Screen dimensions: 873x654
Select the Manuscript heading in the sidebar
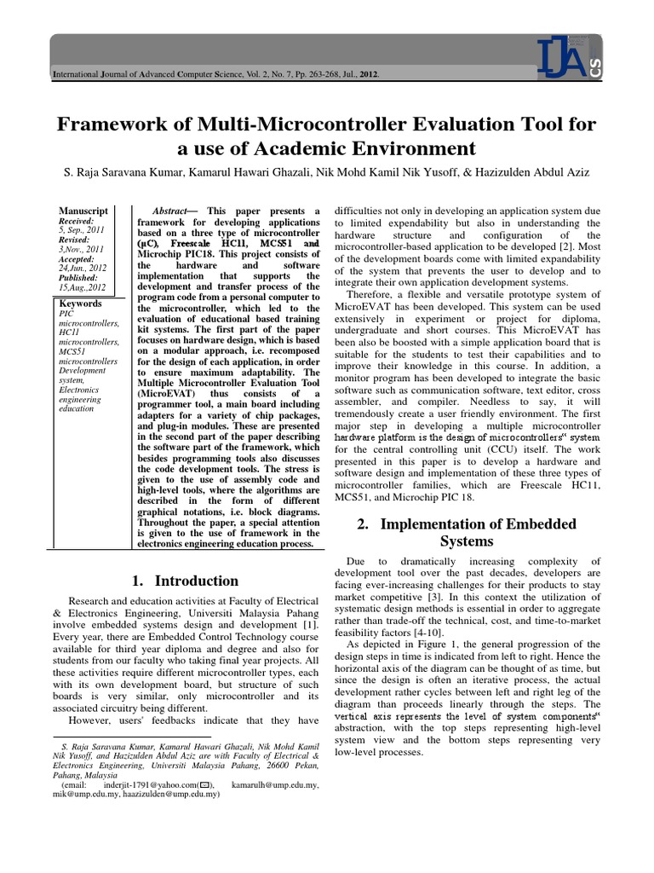point(83,211)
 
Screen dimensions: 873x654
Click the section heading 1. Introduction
point(185,581)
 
